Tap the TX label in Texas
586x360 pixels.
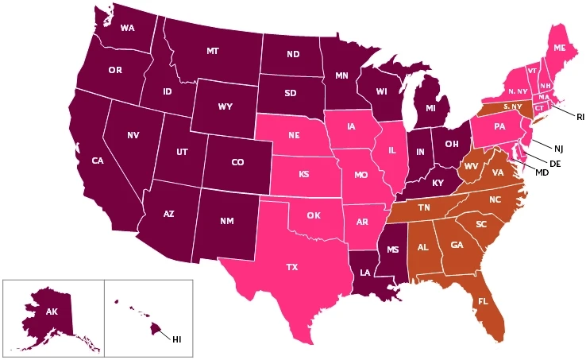tap(292, 268)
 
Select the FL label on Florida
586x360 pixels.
tap(483, 301)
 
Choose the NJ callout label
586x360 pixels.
tap(558, 148)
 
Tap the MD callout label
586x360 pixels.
tap(542, 172)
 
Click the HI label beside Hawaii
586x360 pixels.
tap(177, 339)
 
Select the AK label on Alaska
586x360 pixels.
tap(52, 312)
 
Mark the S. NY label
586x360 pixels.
tap(512, 106)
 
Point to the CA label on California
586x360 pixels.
tap(98, 161)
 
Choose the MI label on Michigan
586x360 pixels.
tap(430, 107)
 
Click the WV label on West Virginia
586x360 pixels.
tap(471, 165)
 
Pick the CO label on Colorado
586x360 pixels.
tap(237, 162)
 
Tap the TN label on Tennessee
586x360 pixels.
tap(424, 207)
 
